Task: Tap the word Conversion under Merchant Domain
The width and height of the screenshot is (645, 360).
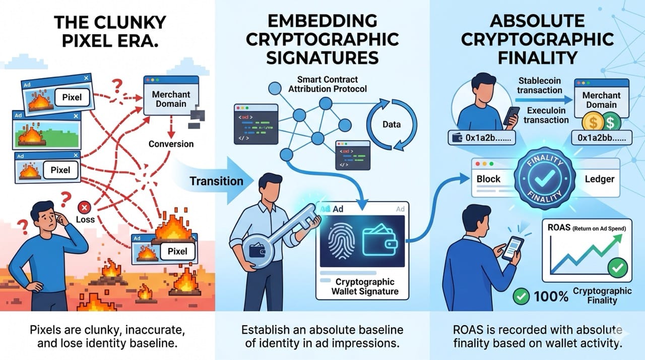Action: tap(171, 144)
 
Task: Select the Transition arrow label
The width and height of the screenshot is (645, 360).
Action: tap(217, 181)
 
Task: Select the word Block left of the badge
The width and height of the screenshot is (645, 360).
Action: tap(488, 179)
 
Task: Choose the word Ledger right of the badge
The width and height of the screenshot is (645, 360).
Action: tap(600, 179)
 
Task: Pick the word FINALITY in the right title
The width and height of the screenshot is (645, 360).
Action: tap(538, 57)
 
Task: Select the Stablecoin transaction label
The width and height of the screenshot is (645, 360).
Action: tap(539, 86)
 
